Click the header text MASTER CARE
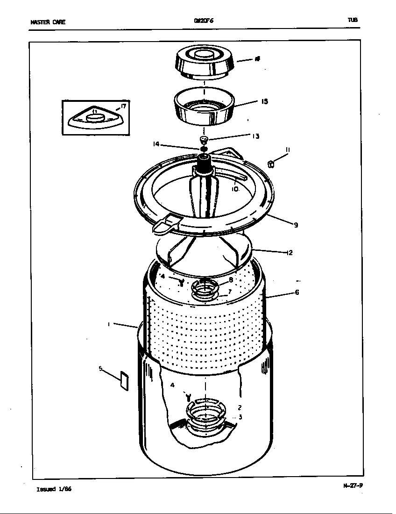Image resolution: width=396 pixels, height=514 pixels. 48,22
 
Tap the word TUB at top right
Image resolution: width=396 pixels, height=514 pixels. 353,20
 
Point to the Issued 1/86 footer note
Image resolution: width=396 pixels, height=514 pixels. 54,489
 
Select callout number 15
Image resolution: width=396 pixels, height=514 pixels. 264,101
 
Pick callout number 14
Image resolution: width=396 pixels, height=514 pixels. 156,144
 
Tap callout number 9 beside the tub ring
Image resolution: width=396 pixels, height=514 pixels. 296,225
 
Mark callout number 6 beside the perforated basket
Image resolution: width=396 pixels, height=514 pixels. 297,293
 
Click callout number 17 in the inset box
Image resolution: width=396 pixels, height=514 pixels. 123,107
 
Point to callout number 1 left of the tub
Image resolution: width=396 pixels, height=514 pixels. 109,323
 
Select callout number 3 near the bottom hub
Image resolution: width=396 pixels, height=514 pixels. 240,417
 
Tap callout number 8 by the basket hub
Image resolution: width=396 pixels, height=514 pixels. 231,280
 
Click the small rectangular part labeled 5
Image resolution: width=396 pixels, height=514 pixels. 124,381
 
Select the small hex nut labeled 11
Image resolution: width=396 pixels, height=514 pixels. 271,164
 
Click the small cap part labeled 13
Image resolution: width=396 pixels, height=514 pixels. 203,139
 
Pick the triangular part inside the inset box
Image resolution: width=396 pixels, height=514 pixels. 96,117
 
